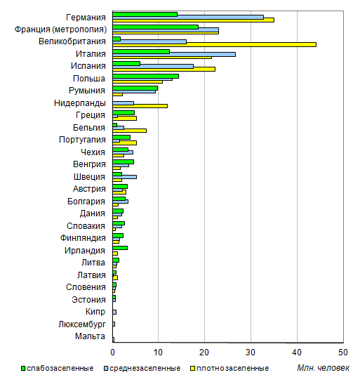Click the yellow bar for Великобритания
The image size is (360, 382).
[x=215, y=44]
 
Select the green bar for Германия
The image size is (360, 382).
[x=145, y=14]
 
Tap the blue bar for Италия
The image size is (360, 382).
[x=174, y=54]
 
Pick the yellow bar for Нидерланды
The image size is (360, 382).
[x=140, y=106]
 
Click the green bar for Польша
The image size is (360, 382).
[x=145, y=77]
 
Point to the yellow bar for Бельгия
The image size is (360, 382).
[x=130, y=131]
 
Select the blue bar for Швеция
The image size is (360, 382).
[x=125, y=177]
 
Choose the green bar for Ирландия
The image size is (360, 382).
[x=120, y=248]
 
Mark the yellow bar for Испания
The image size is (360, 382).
[x=164, y=70]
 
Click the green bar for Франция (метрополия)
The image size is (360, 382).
[x=156, y=27]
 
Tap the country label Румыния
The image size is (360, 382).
[x=87, y=91]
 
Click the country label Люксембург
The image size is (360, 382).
[x=82, y=324]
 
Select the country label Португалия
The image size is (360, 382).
[x=82, y=140]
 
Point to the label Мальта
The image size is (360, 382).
[x=90, y=336]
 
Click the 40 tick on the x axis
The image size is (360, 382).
[x=297, y=353]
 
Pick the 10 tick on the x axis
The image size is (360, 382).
[x=158, y=353]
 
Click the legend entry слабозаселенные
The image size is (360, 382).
[x=58, y=368]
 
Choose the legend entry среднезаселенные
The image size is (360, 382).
[x=142, y=368]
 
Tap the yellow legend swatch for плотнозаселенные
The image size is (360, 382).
[x=192, y=369]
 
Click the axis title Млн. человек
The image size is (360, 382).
[x=323, y=368]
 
